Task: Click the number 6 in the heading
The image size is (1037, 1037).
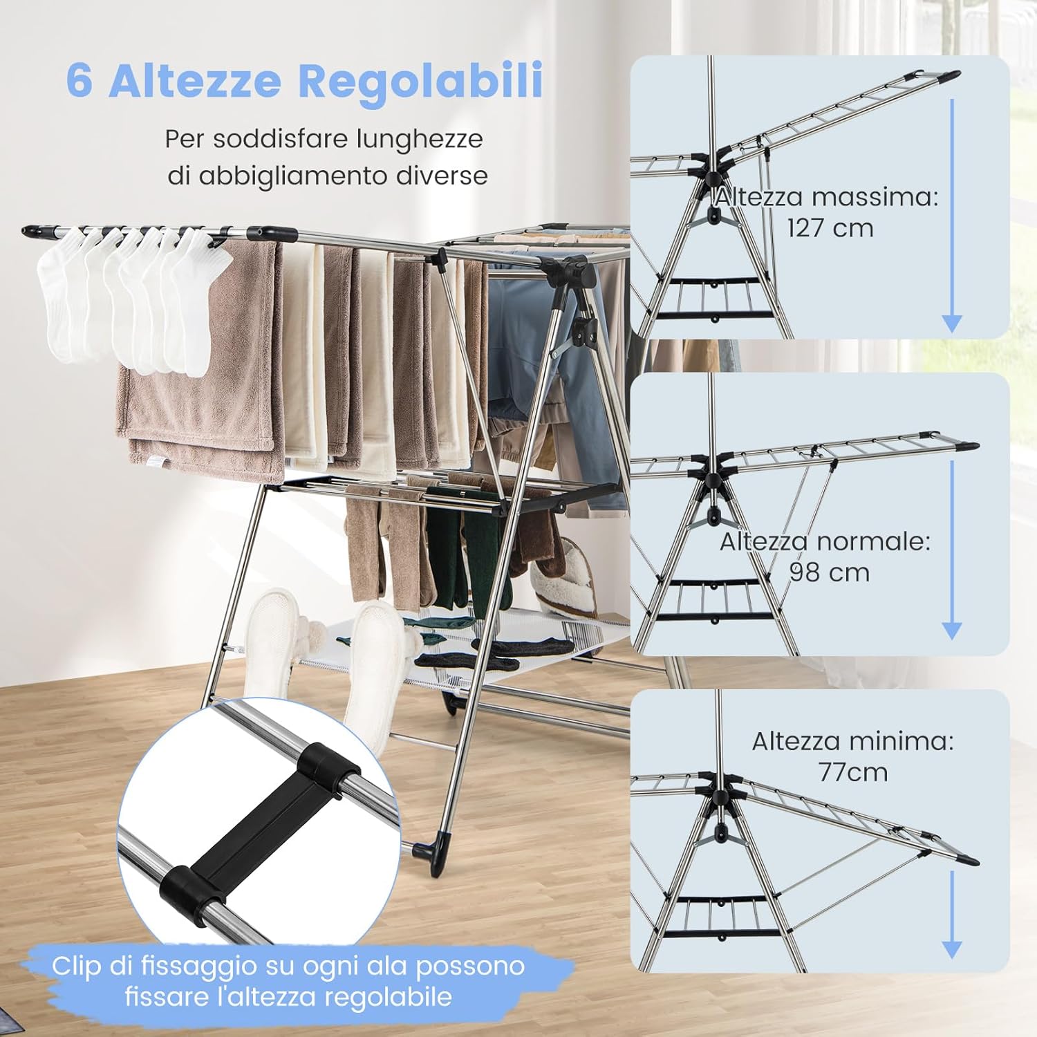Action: click(x=80, y=81)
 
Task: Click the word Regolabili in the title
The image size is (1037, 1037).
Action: click(x=420, y=81)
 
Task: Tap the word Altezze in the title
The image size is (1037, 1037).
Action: click(x=195, y=81)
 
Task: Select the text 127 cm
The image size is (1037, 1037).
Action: click(x=830, y=228)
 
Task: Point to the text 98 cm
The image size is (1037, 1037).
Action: click(x=829, y=572)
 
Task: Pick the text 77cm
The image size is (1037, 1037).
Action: click(x=853, y=772)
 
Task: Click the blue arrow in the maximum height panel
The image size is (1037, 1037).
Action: click(x=952, y=214)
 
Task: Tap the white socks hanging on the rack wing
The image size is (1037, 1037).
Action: click(x=131, y=297)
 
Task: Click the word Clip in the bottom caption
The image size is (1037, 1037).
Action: click(x=76, y=966)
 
